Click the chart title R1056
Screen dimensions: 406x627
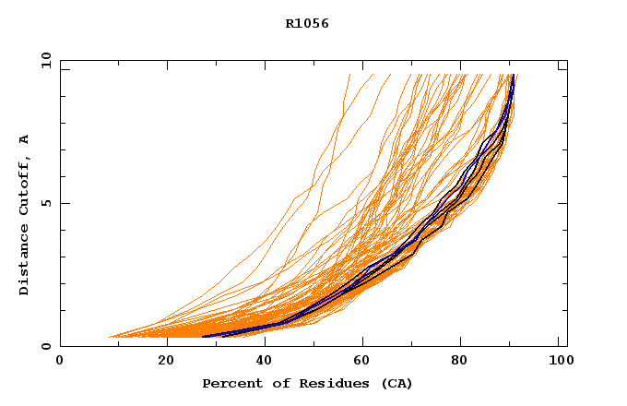307,24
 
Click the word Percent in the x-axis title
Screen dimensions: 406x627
231,383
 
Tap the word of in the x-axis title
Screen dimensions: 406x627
280,383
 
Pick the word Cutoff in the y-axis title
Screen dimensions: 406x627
24,182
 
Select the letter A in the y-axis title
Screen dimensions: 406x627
24,139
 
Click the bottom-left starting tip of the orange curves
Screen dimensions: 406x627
109,337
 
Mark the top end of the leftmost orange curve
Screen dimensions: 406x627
350,74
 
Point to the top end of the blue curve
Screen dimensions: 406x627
513,76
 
